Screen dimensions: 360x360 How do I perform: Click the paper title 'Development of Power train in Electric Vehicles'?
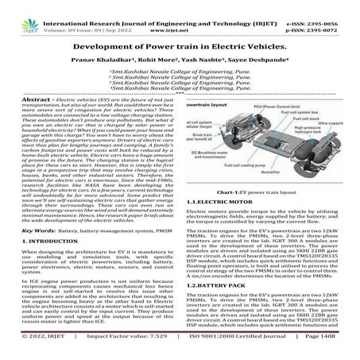point(180,45)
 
